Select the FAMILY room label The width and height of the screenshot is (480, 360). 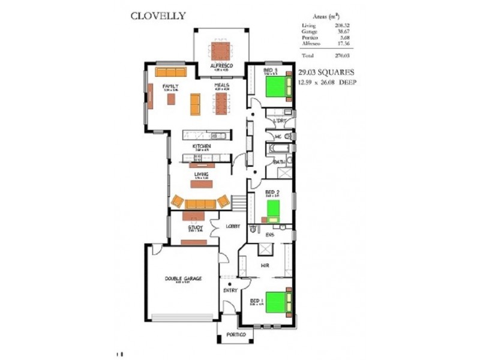click(x=170, y=86)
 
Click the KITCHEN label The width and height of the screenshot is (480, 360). click(x=201, y=146)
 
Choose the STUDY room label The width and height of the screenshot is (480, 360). click(x=196, y=227)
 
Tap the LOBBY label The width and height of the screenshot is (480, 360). click(x=233, y=226)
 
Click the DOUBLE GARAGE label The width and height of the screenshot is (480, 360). click(x=184, y=278)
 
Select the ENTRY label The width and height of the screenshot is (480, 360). click(x=230, y=290)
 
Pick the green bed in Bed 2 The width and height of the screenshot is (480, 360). click(x=273, y=208)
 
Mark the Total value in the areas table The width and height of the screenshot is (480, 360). click(x=344, y=55)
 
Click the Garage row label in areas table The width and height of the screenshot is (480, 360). click(x=310, y=31)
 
